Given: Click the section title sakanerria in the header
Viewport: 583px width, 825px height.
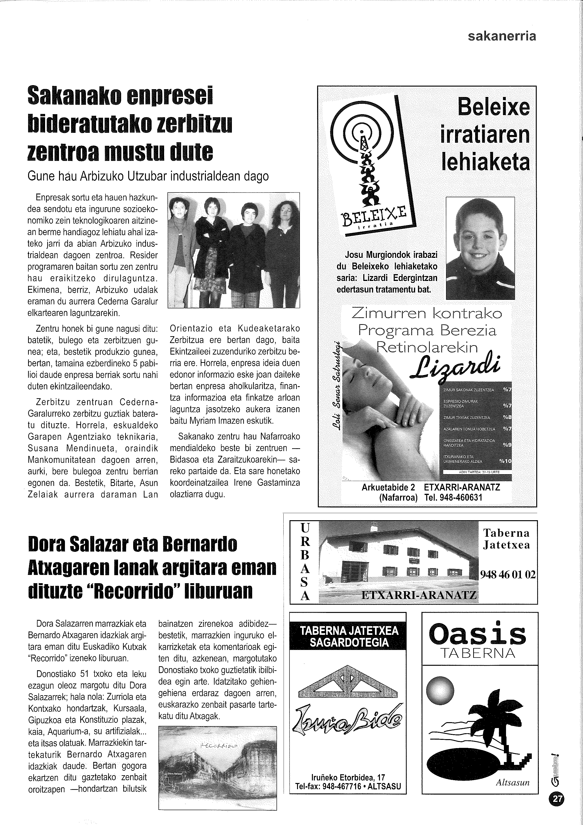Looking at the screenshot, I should point(502,36).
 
